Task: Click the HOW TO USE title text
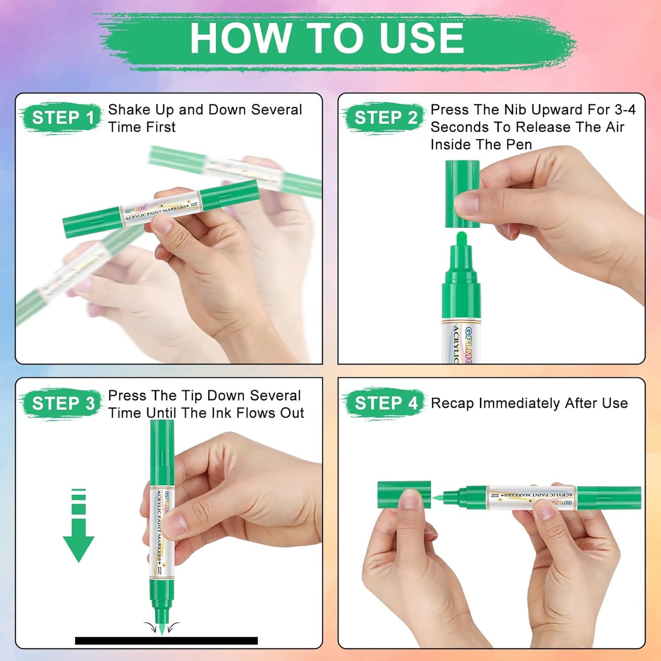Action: coord(327,38)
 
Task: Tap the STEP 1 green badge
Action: coord(63,118)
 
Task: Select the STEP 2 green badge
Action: coord(385,118)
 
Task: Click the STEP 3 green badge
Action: coord(63,403)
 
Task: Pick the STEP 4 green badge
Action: coord(385,403)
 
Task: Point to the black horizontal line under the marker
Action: coord(166,640)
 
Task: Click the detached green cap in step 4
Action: coord(403,494)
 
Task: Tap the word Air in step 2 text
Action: coord(615,127)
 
